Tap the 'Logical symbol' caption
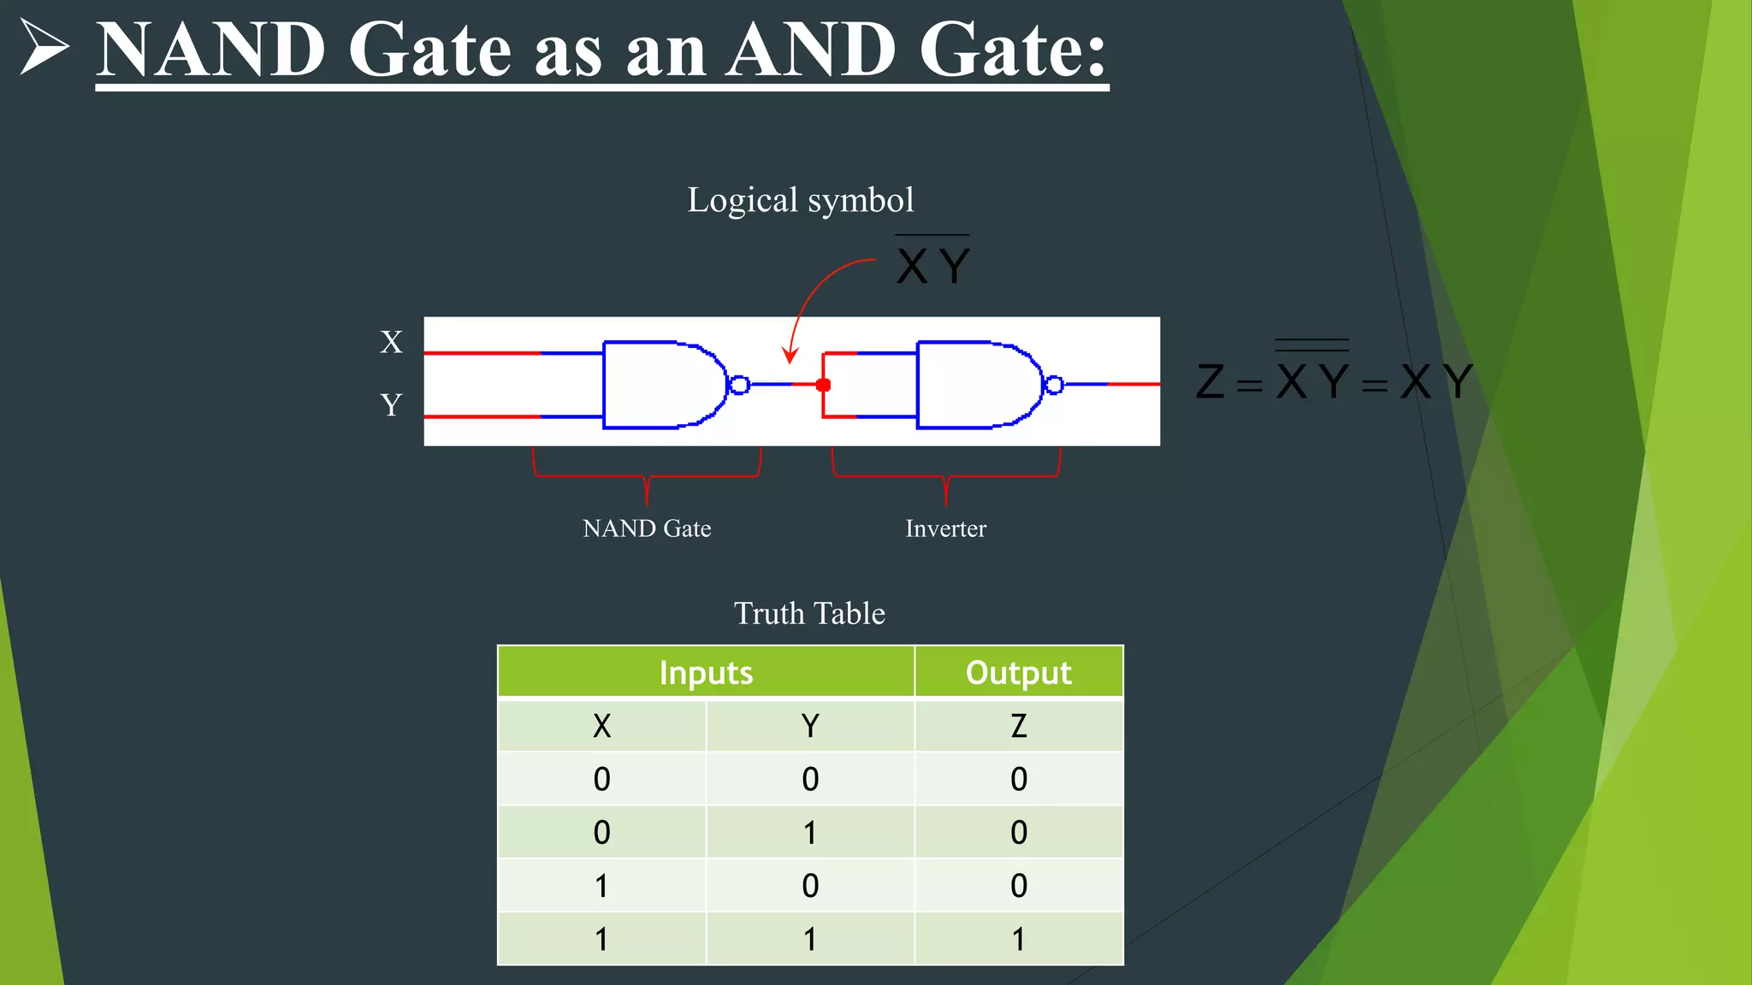coord(801,200)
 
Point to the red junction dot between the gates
coord(823,385)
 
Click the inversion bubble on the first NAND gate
coord(740,385)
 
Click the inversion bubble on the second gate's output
coord(1054,385)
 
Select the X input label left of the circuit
coord(391,342)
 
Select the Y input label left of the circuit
coord(391,404)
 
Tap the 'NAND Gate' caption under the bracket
coord(647,528)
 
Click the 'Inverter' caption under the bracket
coord(945,528)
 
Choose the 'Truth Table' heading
coord(809,613)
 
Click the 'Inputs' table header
coord(706,673)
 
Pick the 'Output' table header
coord(1018,673)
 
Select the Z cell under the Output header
coord(1018,726)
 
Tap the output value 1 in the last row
coord(1018,939)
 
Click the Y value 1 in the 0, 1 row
coord(810,832)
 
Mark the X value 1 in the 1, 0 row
coord(601,886)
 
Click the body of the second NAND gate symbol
coord(975,385)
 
